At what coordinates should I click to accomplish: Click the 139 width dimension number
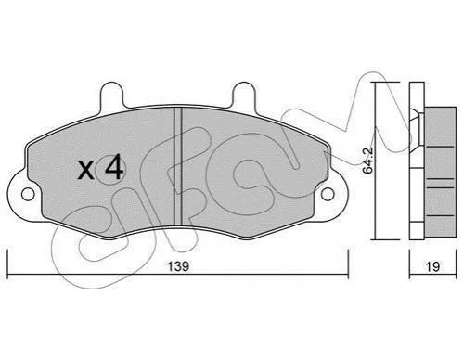(x=178, y=266)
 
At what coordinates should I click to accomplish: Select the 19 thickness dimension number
(x=432, y=266)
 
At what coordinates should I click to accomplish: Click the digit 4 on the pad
(x=114, y=167)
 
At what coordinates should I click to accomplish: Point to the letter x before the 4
(x=85, y=171)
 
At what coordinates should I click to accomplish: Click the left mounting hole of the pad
(x=28, y=194)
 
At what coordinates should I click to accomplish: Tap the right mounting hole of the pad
(x=328, y=194)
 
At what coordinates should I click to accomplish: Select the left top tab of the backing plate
(x=111, y=95)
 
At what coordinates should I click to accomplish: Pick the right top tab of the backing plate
(x=244, y=95)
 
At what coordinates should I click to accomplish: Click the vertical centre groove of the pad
(x=177, y=166)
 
